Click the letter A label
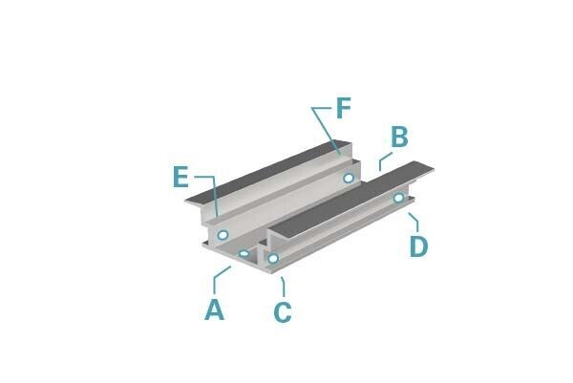click(215, 309)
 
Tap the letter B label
click(399, 137)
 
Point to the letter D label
click(419, 246)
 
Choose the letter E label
click(180, 177)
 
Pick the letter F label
click(344, 108)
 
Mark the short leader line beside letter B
click(385, 160)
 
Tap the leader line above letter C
click(284, 287)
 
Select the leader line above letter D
click(414, 221)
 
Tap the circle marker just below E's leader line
click(223, 235)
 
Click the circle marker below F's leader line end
click(349, 179)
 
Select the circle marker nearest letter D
click(399, 198)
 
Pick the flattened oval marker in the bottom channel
click(244, 253)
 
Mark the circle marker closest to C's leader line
click(273, 259)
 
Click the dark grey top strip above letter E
click(266, 172)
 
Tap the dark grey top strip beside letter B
click(350, 201)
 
